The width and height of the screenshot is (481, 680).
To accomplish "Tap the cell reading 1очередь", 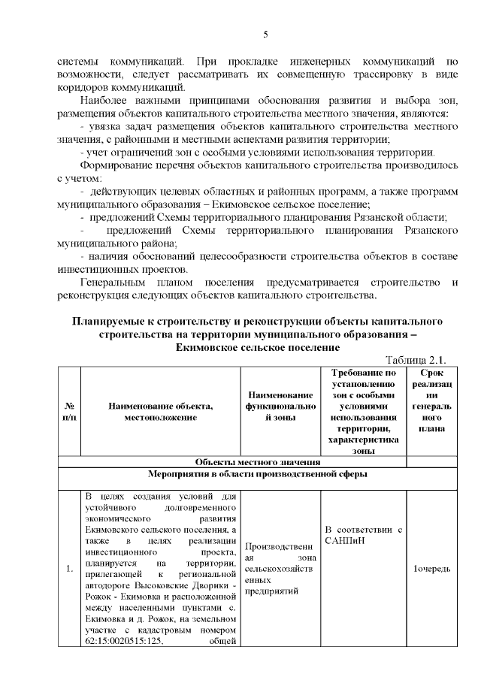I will point(431,568).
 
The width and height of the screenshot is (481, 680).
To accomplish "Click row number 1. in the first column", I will point(68,568).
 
